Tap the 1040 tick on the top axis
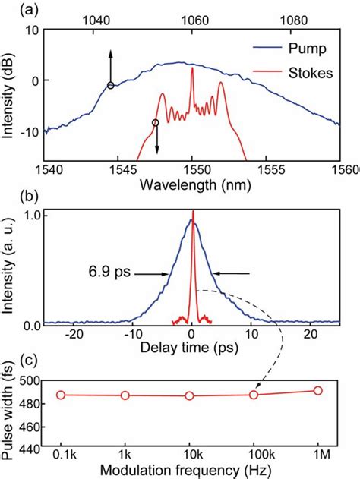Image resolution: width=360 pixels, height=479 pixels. (x=92, y=22)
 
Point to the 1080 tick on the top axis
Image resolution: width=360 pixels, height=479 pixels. (x=294, y=22)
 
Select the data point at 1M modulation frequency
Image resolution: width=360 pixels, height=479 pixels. (x=317, y=390)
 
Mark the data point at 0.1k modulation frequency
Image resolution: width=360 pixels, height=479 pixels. (x=61, y=395)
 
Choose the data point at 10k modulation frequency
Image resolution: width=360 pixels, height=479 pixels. (x=189, y=395)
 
